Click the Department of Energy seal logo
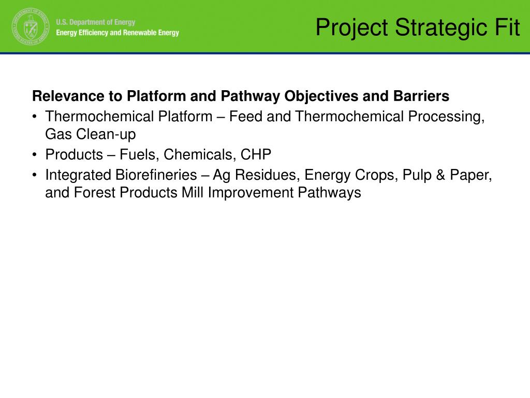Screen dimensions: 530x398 pos(31,27)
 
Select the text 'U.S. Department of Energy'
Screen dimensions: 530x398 pos(96,22)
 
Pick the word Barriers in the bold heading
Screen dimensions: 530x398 pos(421,96)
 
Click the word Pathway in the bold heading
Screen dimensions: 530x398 pos(250,96)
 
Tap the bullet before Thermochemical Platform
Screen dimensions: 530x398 pos(35,117)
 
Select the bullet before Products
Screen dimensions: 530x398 pos(35,154)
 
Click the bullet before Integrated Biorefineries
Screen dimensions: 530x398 pos(35,175)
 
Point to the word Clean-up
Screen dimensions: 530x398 pos(106,135)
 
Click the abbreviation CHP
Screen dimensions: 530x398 pos(256,154)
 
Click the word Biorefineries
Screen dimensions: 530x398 pos(156,175)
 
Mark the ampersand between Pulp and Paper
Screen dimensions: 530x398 pos(440,175)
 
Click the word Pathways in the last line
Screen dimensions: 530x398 pos(329,193)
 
